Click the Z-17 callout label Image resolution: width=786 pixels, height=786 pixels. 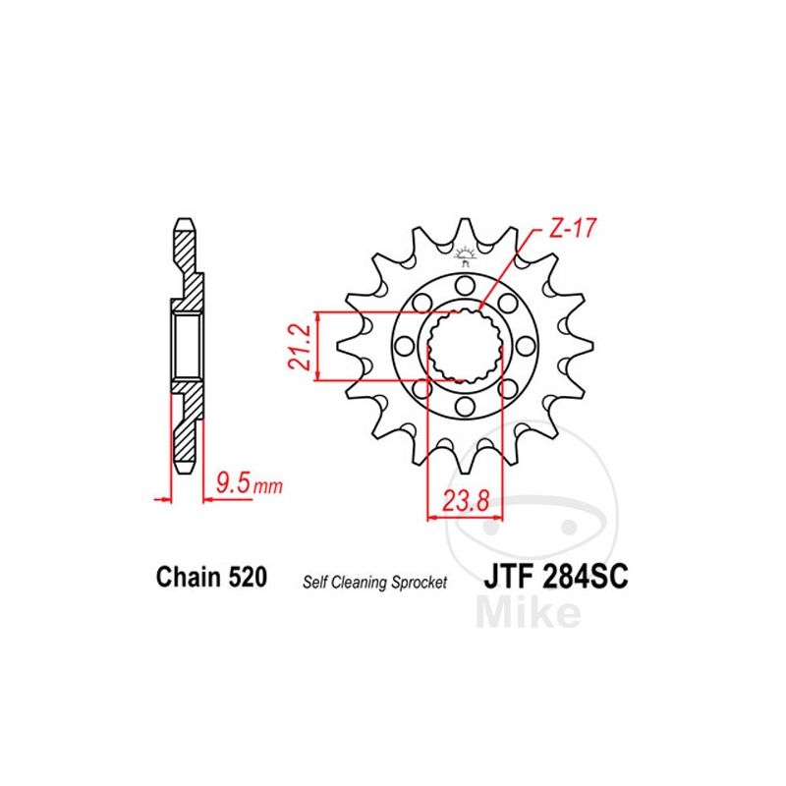[573, 229]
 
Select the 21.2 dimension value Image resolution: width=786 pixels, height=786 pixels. [301, 347]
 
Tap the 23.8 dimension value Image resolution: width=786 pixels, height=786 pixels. [466, 501]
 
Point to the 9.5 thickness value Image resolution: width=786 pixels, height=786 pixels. [233, 483]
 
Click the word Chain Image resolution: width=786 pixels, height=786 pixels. [189, 577]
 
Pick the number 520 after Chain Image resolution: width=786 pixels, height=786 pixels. [248, 577]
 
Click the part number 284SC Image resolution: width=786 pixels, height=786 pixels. [585, 577]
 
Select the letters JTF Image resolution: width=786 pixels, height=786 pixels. [509, 577]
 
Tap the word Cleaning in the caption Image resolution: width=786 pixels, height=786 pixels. [360, 583]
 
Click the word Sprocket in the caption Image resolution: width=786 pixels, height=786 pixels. [420, 583]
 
